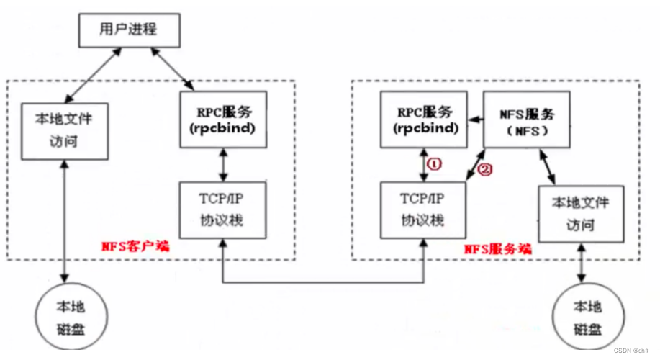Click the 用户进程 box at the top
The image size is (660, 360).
pyautogui.click(x=127, y=30)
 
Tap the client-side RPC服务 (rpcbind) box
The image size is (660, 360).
pyautogui.click(x=225, y=120)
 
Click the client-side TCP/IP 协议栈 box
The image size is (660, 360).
pyautogui.click(x=225, y=210)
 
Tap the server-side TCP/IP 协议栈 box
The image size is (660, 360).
pyautogui.click(x=423, y=208)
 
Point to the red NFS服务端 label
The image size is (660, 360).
pyautogui.click(x=497, y=248)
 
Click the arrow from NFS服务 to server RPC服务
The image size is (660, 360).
pyautogui.click(x=474, y=120)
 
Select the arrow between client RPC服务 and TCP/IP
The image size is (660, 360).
pyautogui.click(x=225, y=165)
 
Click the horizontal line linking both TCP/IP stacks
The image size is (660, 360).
pyautogui.click(x=324, y=282)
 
